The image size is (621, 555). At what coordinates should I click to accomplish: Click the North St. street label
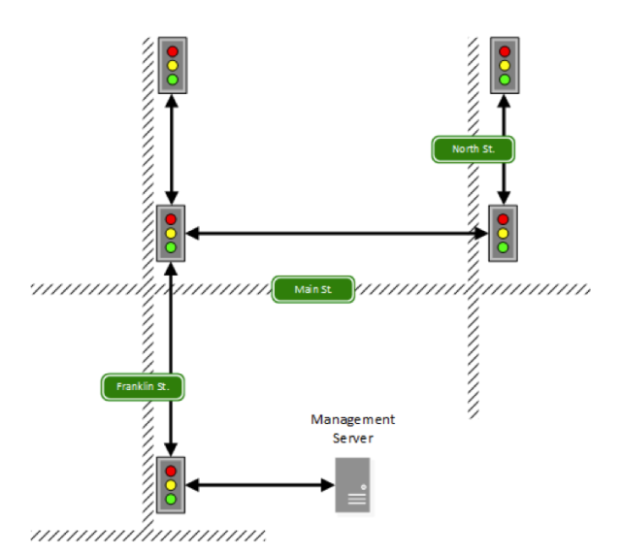click(x=473, y=149)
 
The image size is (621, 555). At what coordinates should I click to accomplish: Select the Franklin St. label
click(x=144, y=386)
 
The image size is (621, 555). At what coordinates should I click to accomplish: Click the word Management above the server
click(x=352, y=419)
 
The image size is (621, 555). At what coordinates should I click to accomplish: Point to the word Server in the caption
click(x=353, y=438)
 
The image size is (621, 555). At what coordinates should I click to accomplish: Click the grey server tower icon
click(x=352, y=484)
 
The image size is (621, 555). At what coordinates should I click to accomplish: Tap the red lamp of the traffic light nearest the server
click(x=172, y=470)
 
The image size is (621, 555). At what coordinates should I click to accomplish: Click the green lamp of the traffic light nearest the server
click(x=172, y=499)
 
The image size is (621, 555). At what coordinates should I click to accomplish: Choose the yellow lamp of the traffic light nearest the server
click(x=172, y=484)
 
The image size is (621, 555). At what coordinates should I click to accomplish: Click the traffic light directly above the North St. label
click(x=504, y=65)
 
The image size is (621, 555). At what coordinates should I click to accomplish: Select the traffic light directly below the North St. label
click(x=504, y=233)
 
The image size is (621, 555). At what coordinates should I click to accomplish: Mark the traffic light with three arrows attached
click(x=172, y=233)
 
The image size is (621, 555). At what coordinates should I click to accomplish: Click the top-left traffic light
click(x=172, y=65)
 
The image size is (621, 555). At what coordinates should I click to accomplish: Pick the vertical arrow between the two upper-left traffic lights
click(x=172, y=148)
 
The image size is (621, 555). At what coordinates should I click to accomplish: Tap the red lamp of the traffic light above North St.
click(x=504, y=50)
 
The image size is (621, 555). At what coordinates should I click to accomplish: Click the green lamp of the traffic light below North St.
click(x=504, y=247)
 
